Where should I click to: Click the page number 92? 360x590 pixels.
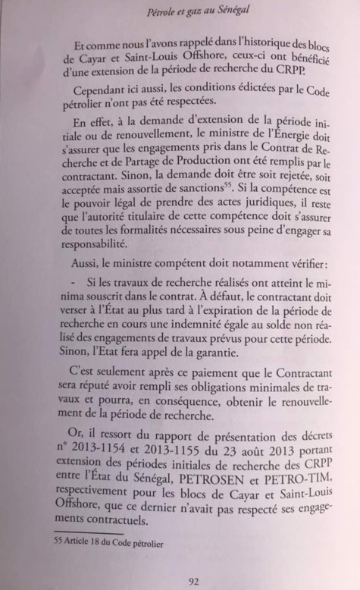point(193,582)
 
